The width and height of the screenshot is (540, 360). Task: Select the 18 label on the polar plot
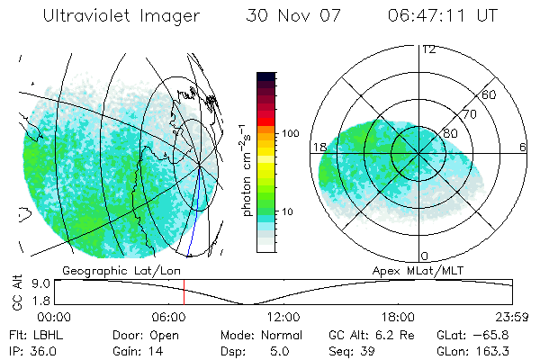pyautogui.click(x=319, y=147)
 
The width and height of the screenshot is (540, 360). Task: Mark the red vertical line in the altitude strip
pyautogui.click(x=184, y=292)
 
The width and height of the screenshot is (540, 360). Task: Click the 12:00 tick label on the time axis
pyautogui.click(x=283, y=317)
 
